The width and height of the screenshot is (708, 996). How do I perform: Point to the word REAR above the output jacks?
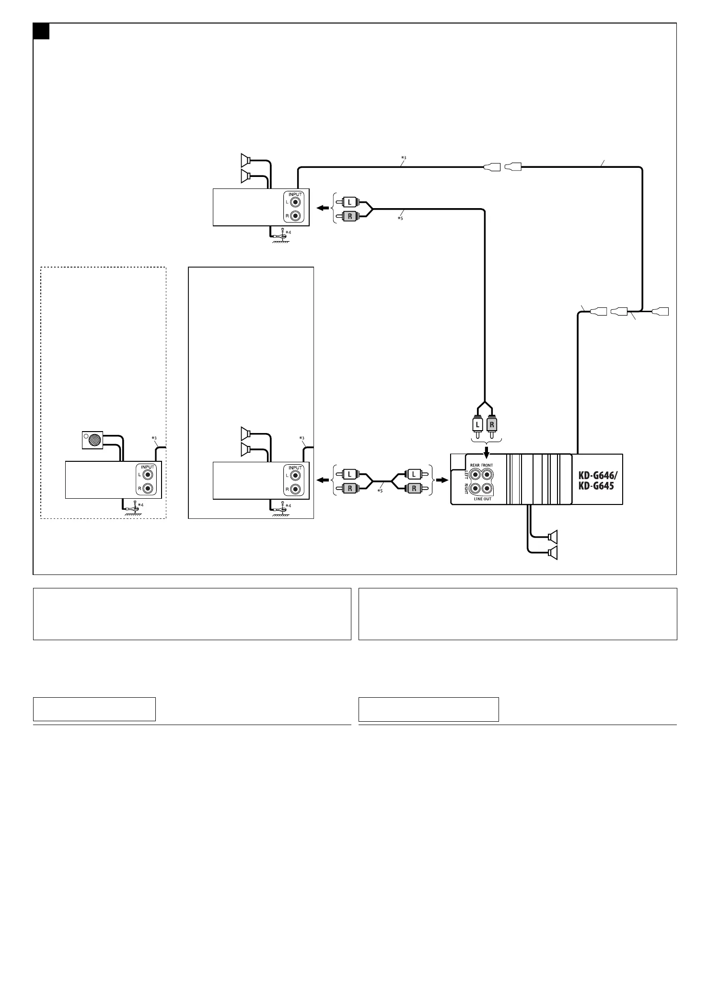click(475, 465)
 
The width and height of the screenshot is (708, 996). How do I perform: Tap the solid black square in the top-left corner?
click(41, 32)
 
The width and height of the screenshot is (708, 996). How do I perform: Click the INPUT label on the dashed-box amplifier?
click(148, 467)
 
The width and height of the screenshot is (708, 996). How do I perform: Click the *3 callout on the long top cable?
click(404, 157)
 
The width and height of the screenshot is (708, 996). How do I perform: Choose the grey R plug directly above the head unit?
click(492, 425)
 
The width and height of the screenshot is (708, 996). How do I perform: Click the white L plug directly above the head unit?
click(477, 425)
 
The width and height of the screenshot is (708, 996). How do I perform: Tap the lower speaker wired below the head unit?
click(553, 553)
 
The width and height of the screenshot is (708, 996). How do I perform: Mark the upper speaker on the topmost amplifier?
click(246, 160)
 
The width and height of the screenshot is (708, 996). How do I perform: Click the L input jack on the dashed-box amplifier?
click(148, 475)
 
